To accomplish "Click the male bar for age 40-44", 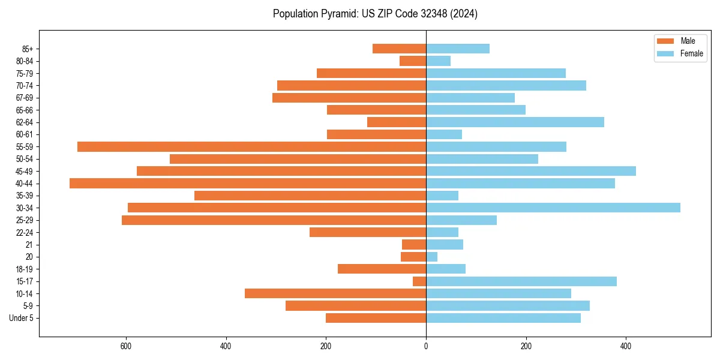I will click(x=248, y=183).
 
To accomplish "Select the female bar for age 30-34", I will click(x=553, y=208).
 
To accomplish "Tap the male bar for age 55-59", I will click(x=252, y=146).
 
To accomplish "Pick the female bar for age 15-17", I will click(x=521, y=281).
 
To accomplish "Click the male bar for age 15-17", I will click(x=419, y=281).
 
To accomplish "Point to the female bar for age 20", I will click(x=432, y=257).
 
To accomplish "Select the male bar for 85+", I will click(x=400, y=49).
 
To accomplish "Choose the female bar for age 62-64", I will click(x=515, y=122).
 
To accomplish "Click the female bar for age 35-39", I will click(x=442, y=196).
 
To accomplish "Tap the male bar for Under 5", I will click(x=376, y=318).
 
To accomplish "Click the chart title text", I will click(x=375, y=14).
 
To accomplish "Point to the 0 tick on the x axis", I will click(x=426, y=346).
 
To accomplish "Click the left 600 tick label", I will click(x=126, y=346).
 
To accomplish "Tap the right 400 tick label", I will click(x=626, y=346).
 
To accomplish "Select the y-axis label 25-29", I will click(x=24, y=220).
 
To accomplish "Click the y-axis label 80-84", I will click(x=24, y=61).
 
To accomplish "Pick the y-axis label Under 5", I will click(x=21, y=318).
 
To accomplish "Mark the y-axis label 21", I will click(x=29, y=245).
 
